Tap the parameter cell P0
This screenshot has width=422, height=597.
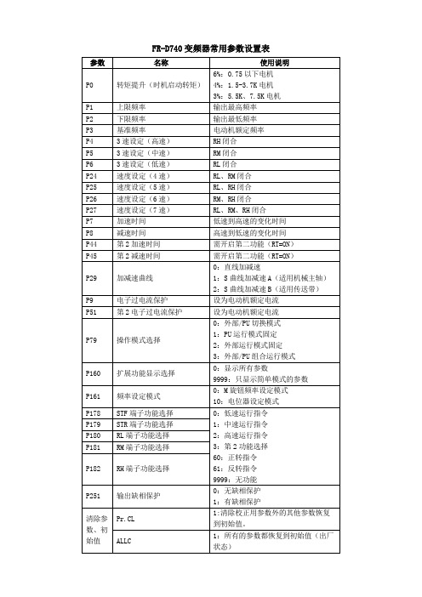(90, 86)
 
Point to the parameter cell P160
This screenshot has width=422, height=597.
(93, 372)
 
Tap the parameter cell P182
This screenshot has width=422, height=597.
(93, 467)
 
